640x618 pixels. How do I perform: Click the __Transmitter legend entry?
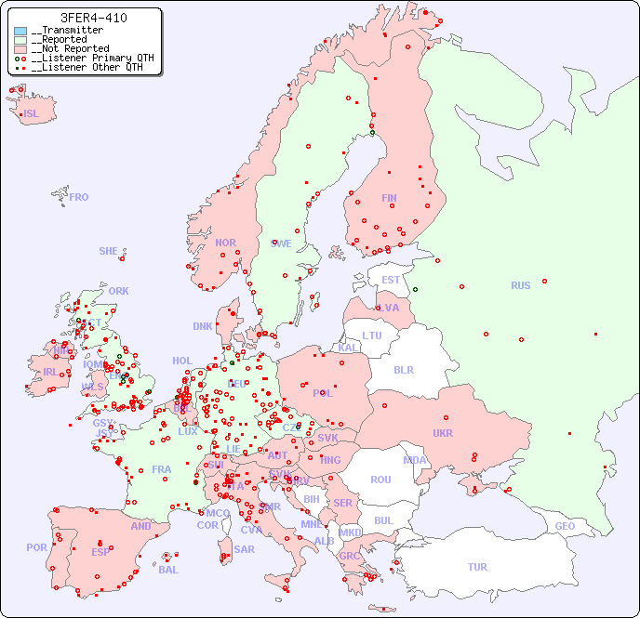(67, 31)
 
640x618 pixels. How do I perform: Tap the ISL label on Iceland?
(32, 114)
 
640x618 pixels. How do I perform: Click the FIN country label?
(389, 198)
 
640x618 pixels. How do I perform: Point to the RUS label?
(520, 285)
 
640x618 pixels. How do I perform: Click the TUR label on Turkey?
(477, 567)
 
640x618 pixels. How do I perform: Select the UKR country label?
(443, 433)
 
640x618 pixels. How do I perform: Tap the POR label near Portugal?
(36, 547)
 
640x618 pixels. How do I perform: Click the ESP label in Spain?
(100, 552)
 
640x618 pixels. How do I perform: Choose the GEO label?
(565, 526)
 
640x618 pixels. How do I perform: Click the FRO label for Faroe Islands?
(79, 197)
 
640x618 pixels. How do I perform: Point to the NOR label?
(225, 243)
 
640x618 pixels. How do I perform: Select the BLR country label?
(403, 369)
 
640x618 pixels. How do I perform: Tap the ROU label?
(380, 480)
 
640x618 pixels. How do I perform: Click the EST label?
(391, 280)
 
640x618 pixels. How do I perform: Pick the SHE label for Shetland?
(108, 251)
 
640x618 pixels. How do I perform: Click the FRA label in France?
(162, 469)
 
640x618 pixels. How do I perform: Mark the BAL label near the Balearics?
(167, 570)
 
